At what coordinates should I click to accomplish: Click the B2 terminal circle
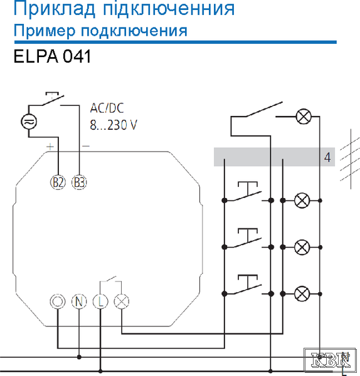point(58,182)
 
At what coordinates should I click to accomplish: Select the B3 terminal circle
point(79,182)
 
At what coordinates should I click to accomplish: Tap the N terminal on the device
point(79,301)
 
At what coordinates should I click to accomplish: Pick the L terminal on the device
point(100,301)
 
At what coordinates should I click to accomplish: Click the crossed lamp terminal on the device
point(122,301)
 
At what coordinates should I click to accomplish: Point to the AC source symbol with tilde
point(29,122)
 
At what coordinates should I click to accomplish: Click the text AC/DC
point(107,108)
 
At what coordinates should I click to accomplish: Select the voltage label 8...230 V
point(114,125)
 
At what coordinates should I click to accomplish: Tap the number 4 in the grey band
point(327,157)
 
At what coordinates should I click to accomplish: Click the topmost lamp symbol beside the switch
point(304,117)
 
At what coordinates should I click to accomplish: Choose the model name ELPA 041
point(52,56)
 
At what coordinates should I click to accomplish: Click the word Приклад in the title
point(55,9)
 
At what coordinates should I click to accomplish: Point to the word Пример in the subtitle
point(45,31)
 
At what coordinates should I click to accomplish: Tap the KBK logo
point(330,360)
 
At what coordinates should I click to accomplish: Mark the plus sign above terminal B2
point(50,147)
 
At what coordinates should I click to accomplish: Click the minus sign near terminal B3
point(86,146)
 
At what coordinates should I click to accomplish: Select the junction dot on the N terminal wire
point(79,357)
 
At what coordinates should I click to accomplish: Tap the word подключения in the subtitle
point(134,31)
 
